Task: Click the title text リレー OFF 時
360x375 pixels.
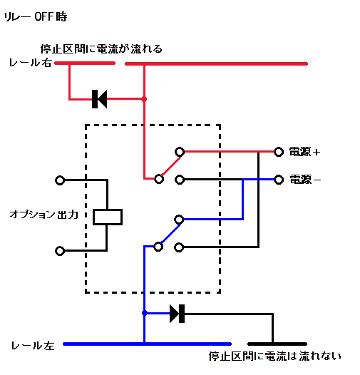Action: (36, 16)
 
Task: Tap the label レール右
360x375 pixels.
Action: (31, 63)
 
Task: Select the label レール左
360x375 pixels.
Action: (33, 346)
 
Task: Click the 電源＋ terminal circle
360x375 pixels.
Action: (279, 152)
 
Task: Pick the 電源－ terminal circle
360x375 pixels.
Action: (279, 180)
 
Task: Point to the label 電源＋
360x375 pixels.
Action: (304, 152)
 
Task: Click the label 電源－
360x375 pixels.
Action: (305, 180)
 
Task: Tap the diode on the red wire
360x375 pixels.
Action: (99, 99)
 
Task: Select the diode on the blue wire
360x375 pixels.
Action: (177, 314)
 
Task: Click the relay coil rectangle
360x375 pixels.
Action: (108, 217)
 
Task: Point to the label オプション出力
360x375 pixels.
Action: (44, 215)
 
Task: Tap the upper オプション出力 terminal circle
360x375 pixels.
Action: (60, 180)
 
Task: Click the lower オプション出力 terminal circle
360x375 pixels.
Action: (60, 251)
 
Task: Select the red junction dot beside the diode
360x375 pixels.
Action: (144, 99)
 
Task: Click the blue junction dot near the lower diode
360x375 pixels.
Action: (145, 313)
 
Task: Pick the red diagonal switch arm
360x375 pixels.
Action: (171, 165)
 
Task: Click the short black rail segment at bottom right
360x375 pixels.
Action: (277, 344)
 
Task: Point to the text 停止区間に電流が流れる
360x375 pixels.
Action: (101, 48)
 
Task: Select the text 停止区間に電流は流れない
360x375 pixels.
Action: (275, 356)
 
